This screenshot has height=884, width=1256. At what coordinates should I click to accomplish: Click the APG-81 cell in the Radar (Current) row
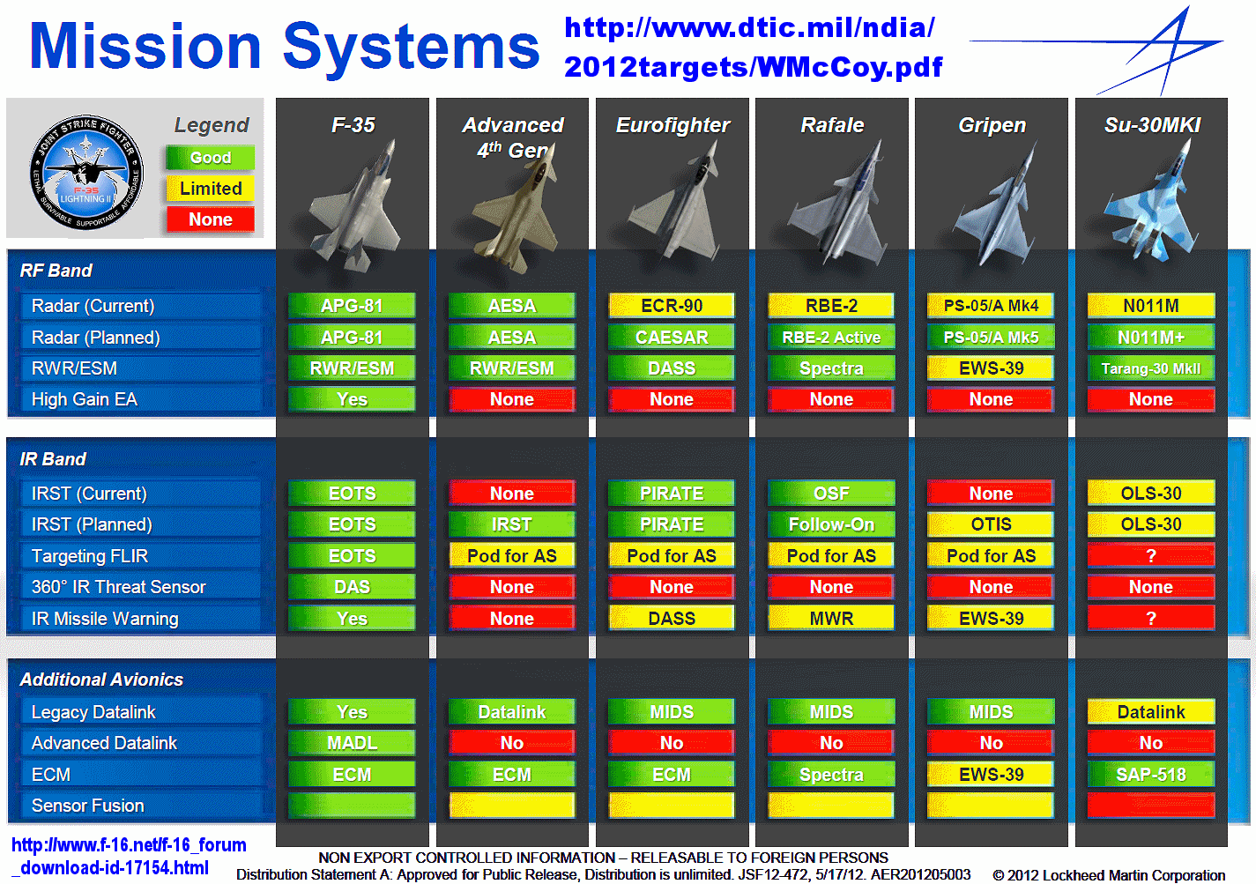coord(353,306)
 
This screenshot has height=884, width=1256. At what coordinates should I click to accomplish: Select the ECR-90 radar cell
coord(672,306)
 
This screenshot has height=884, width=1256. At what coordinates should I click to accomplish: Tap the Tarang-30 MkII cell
coord(1151,368)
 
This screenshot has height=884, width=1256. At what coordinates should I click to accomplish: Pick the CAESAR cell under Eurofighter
coord(672,338)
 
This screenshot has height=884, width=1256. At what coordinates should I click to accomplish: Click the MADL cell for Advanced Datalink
coord(353,743)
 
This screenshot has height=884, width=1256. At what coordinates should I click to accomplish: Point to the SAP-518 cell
coord(1151,775)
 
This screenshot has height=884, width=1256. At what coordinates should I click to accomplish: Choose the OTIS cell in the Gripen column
coord(992,524)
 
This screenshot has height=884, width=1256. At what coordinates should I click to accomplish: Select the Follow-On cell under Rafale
coord(831,524)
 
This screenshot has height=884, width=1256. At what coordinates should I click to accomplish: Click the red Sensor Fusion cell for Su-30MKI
coord(1151,806)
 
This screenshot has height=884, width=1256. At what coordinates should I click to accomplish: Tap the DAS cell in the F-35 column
coord(353,587)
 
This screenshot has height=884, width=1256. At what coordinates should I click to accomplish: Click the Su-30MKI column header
coord(1152,125)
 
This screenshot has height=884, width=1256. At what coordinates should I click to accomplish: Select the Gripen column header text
coord(992,125)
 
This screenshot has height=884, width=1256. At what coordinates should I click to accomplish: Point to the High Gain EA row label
coord(84,399)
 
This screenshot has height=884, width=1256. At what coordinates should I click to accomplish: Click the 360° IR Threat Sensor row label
coord(119,587)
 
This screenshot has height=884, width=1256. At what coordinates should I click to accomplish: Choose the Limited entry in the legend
coord(211,189)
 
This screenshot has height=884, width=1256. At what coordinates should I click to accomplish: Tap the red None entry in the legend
coord(211,219)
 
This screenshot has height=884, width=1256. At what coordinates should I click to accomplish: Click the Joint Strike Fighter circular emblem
coord(86,172)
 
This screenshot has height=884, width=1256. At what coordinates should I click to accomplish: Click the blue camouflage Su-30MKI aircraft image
coord(1149,202)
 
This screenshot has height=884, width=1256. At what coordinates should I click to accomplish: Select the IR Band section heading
coord(53,460)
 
